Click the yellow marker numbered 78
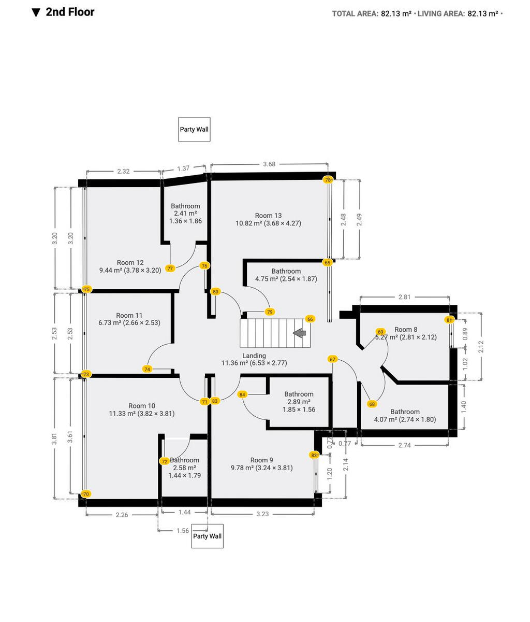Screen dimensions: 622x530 [x=328, y=180]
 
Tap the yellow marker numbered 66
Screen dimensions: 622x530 [x=310, y=319]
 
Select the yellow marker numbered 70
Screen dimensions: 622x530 [x=86, y=494]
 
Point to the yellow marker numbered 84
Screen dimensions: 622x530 [x=242, y=394]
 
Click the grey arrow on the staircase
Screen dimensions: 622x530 [x=299, y=333]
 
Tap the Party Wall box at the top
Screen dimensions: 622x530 [x=194, y=129]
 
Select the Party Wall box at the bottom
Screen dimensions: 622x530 [x=207, y=536]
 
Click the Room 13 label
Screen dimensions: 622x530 [x=268, y=216]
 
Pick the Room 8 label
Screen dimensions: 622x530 [x=406, y=329]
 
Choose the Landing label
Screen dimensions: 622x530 [x=254, y=356]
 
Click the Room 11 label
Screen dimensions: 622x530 [x=129, y=315]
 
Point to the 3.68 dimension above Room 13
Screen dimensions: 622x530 [x=269, y=164]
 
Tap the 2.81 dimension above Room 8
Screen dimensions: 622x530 [x=404, y=297]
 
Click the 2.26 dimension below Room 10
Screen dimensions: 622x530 [x=122, y=515]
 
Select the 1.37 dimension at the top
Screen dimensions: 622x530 [x=183, y=168]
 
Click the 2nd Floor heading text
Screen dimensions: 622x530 [x=70, y=12]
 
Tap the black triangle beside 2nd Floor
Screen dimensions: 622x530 [x=36, y=13]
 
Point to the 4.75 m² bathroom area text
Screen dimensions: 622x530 [x=286, y=279]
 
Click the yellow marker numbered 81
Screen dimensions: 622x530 [x=449, y=320]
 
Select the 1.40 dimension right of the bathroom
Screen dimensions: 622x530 [x=464, y=406]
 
